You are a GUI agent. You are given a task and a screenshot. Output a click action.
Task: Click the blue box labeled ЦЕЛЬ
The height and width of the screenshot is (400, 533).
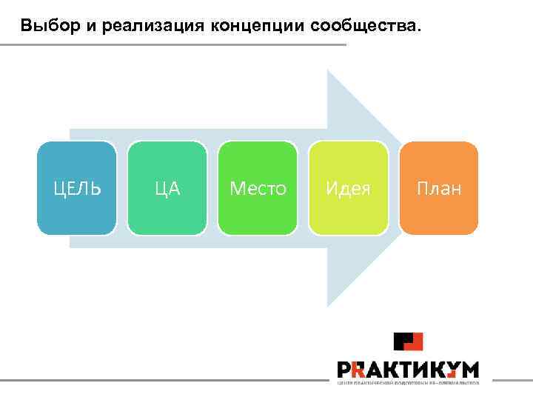77,188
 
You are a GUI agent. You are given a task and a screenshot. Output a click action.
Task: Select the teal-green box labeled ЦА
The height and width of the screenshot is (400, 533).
167,188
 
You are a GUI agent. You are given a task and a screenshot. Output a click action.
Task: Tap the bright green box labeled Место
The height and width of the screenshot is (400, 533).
258,188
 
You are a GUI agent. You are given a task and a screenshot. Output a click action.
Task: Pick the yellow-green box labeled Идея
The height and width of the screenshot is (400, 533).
349,188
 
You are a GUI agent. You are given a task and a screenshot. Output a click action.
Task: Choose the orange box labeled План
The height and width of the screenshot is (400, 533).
439,188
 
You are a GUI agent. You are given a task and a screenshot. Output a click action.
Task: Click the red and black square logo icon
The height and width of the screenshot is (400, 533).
408,341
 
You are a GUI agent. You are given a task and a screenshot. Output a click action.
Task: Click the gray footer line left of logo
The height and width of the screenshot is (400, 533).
163,381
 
